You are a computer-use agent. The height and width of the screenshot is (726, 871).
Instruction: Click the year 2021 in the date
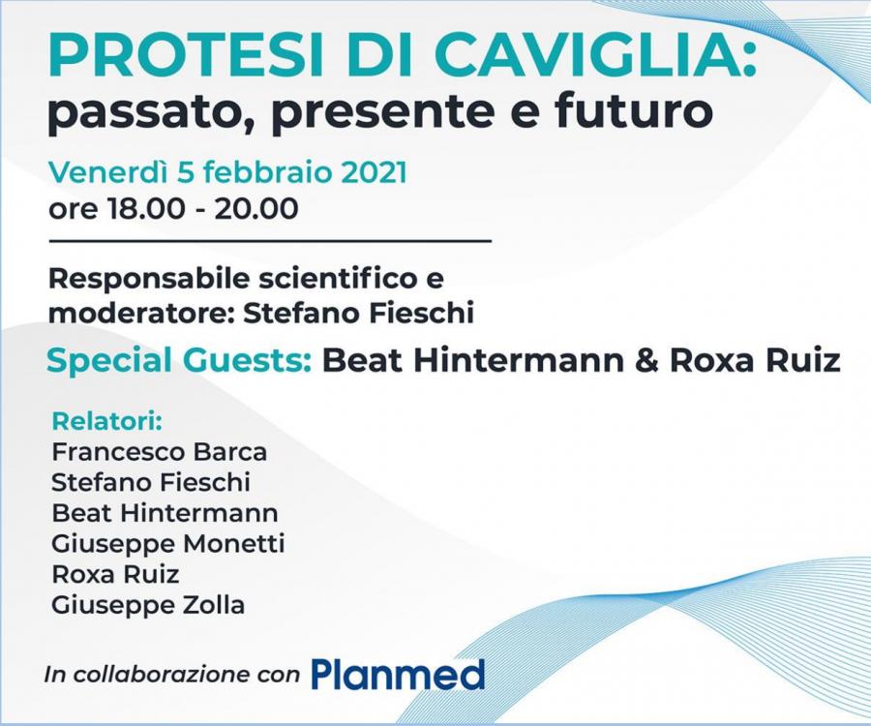pos(374,172)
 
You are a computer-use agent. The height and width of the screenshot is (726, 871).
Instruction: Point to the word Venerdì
pos(107,172)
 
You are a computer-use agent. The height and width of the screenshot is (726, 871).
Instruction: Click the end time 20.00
pos(256,209)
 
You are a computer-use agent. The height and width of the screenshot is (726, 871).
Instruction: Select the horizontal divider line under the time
pos(271,242)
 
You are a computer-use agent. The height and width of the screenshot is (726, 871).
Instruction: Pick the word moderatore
pos(141,313)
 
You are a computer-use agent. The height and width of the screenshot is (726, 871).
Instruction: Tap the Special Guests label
pos(178,361)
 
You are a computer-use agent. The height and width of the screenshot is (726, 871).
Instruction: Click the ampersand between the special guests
pos(646,360)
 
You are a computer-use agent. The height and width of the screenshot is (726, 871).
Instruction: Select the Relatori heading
pos(106,422)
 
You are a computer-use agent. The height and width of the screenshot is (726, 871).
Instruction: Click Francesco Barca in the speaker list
pos(160,452)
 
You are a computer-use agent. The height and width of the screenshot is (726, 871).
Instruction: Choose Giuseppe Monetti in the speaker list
pos(167,544)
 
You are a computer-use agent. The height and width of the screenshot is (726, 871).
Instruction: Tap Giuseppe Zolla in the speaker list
pos(148,605)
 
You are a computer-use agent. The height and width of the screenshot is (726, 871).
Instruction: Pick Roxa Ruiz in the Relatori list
pos(115,574)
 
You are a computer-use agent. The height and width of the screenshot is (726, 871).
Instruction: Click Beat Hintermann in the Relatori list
pos(165,513)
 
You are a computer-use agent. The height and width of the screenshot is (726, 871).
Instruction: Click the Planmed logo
pos(398,675)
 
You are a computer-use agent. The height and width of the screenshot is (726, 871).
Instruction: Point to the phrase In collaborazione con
pos(171,675)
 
